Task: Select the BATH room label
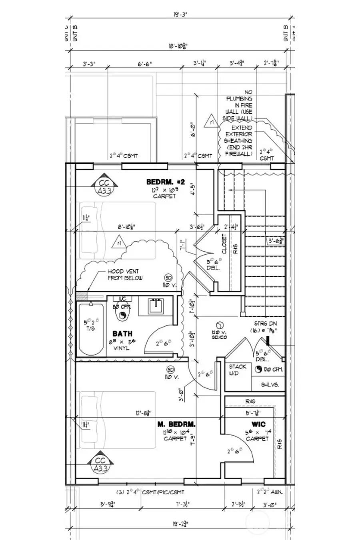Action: click(122, 333)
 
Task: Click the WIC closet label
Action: click(258, 424)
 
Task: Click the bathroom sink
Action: click(155, 306)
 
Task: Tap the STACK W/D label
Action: click(238, 370)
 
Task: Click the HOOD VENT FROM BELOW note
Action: click(125, 274)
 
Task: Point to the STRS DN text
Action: click(265, 323)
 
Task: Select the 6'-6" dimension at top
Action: click(145, 64)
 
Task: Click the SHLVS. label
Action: click(270, 385)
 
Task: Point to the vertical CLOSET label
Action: click(224, 244)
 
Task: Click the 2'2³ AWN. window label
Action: click(270, 492)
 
